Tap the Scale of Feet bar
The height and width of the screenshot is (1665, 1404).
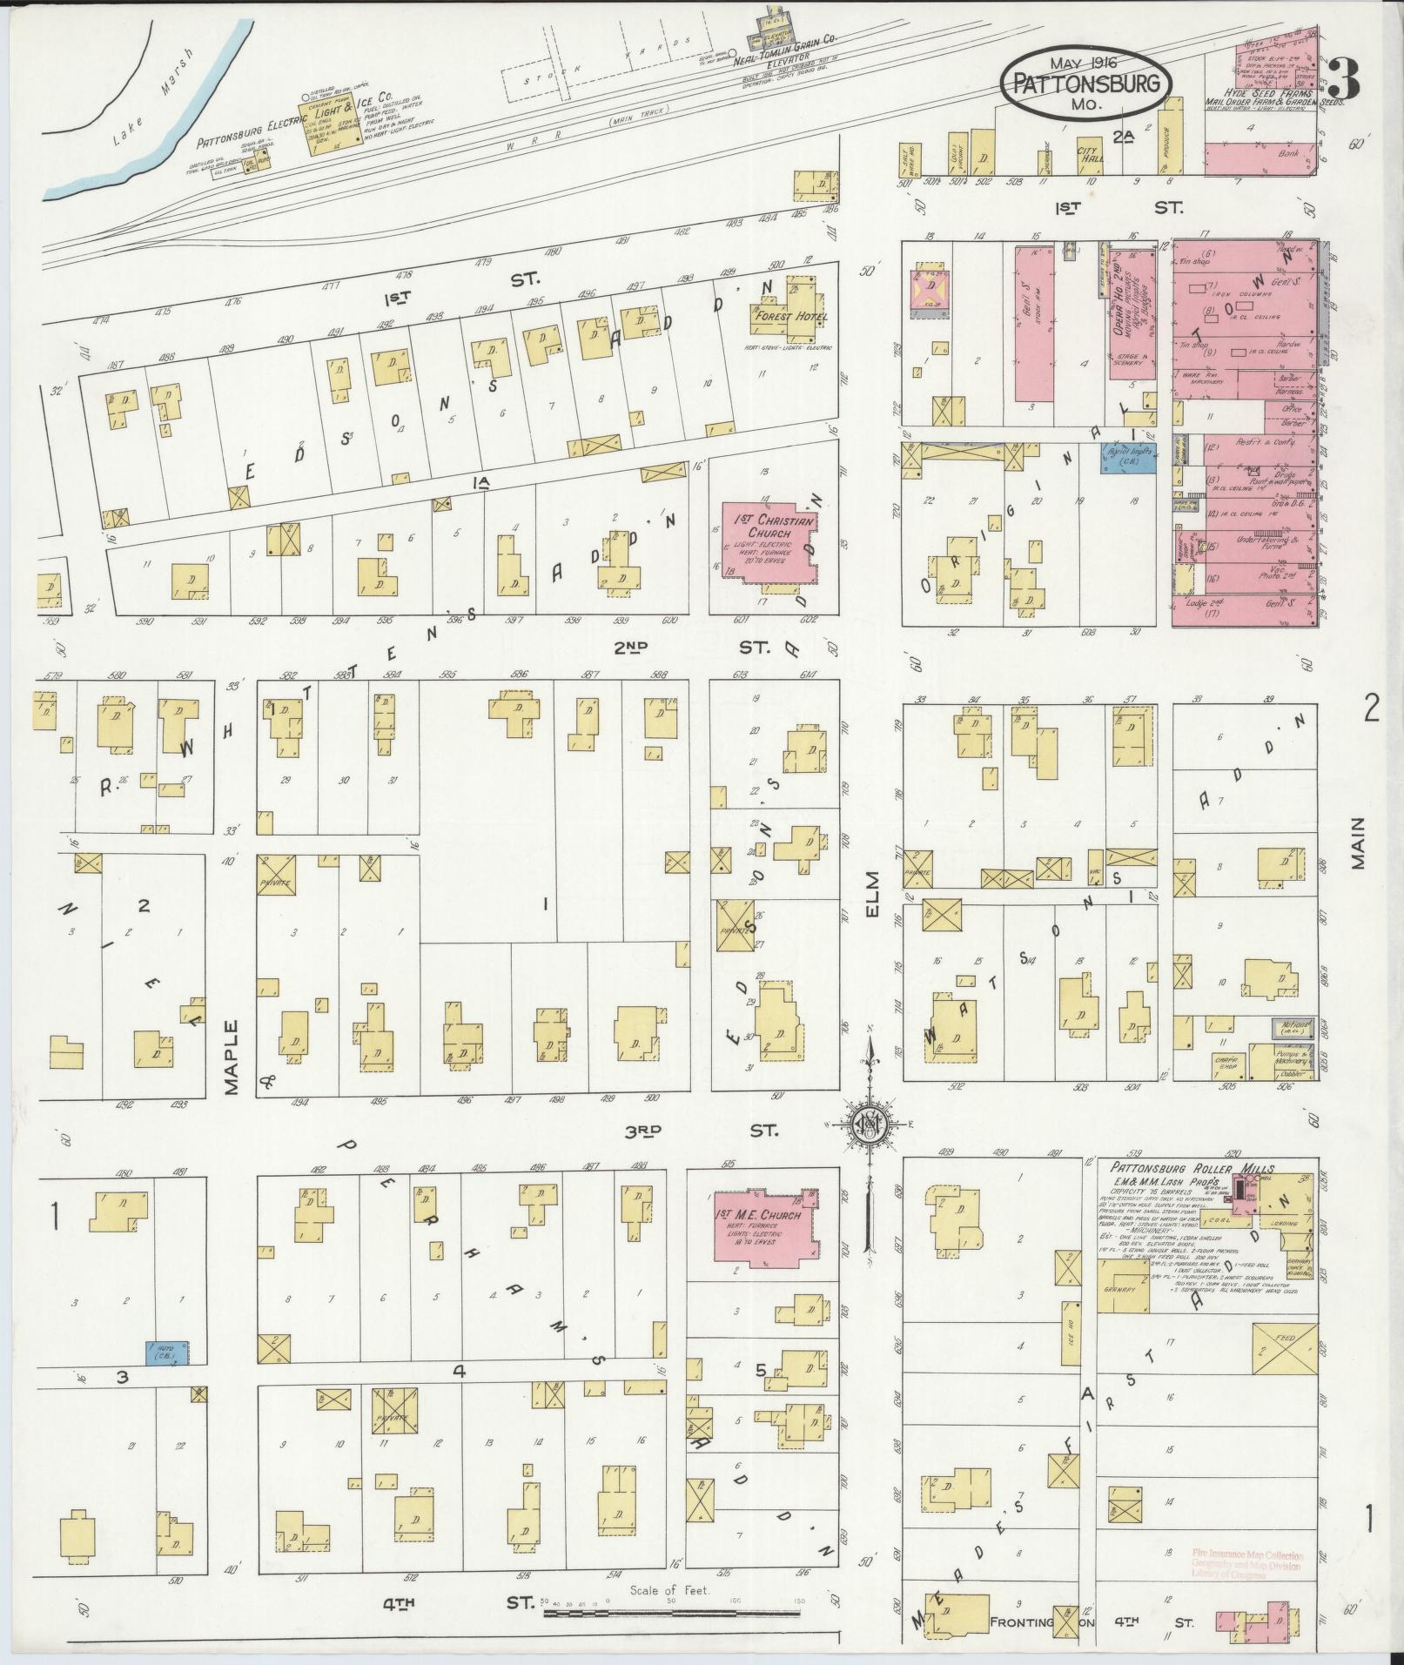point(671,1613)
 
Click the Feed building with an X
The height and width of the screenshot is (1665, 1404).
point(1284,1375)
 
